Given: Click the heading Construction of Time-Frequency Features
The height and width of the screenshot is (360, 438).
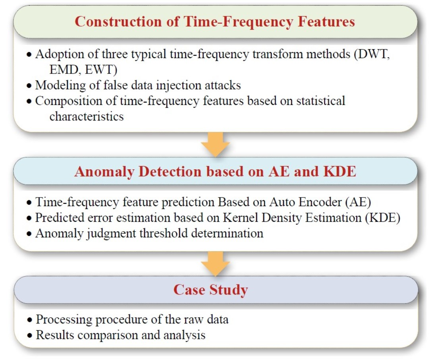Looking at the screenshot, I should pos(214,21).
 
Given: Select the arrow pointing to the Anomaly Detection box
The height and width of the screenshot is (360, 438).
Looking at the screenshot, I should pos(215,144).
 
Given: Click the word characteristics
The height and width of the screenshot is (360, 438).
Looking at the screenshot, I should pos(87,116).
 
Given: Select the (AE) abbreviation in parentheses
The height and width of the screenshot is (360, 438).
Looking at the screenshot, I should pos(360,202).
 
